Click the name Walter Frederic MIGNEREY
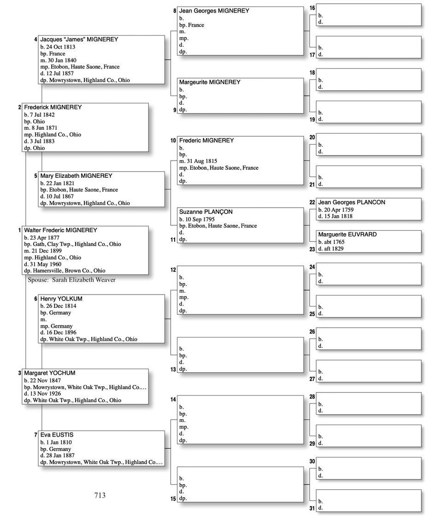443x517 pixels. click(x=60, y=230)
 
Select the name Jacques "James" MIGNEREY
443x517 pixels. click(x=79, y=40)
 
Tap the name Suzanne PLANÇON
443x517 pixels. click(x=206, y=212)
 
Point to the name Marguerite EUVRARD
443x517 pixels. click(x=347, y=234)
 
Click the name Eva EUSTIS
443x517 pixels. click(x=57, y=435)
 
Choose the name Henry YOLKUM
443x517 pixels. click(x=61, y=299)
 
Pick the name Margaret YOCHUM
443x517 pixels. click(x=49, y=373)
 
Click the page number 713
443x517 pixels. click(x=100, y=495)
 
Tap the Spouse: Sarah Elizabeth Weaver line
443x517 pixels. click(x=71, y=280)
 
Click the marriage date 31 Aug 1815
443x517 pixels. click(x=201, y=161)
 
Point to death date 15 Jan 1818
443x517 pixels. click(x=338, y=216)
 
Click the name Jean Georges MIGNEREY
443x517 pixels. click(x=214, y=11)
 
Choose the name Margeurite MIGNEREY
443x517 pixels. click(x=210, y=82)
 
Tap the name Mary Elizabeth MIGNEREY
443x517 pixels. click(x=76, y=176)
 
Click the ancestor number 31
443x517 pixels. click(x=312, y=508)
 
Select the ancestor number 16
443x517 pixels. click(x=312, y=8)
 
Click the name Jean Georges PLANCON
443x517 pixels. click(x=351, y=202)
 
